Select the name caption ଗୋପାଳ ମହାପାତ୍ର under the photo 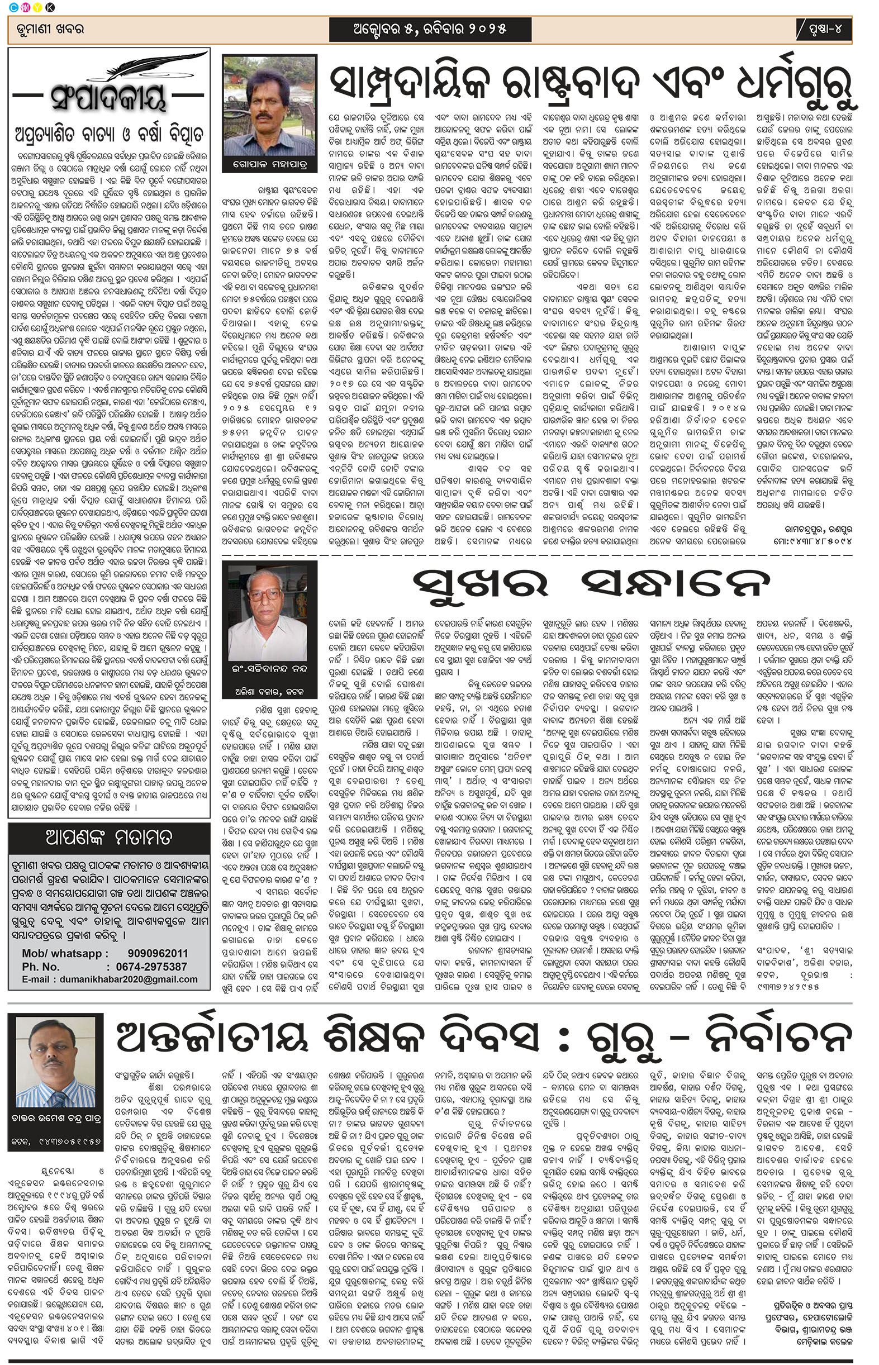[269, 164]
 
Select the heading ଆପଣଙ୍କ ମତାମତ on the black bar [108, 837]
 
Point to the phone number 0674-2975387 [151, 967]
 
